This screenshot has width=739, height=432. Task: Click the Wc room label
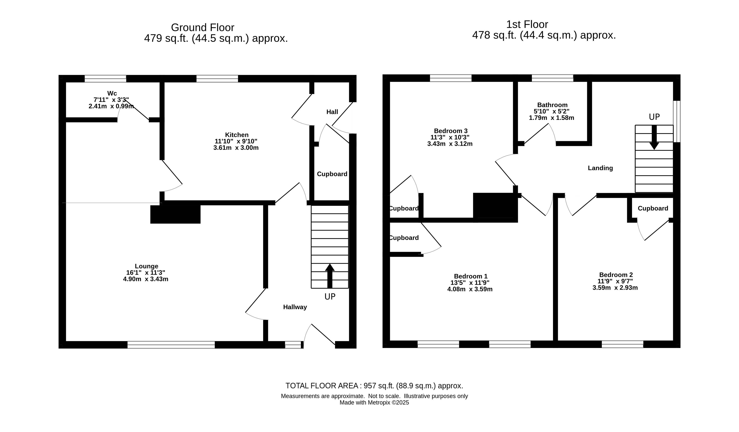coord(112,93)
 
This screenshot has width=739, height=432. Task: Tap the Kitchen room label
coord(237,135)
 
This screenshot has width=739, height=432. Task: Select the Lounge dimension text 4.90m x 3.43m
coord(146,279)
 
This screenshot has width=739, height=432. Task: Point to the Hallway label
coord(295,307)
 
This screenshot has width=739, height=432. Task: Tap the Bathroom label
coord(552,105)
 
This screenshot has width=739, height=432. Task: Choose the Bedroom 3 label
coord(451,131)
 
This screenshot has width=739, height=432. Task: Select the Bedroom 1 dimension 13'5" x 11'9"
coord(470,283)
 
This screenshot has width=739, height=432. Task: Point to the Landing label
coord(600,168)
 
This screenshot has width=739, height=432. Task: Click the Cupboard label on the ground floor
coord(332,174)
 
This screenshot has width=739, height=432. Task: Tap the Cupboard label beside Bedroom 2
coord(653,208)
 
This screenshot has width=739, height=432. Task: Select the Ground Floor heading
coord(203,28)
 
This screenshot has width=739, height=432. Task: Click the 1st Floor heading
coord(527,24)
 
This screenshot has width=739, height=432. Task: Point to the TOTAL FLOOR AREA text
coord(374,386)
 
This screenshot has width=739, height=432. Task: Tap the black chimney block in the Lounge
coord(175,214)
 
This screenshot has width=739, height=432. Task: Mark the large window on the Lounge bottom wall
coord(171,345)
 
